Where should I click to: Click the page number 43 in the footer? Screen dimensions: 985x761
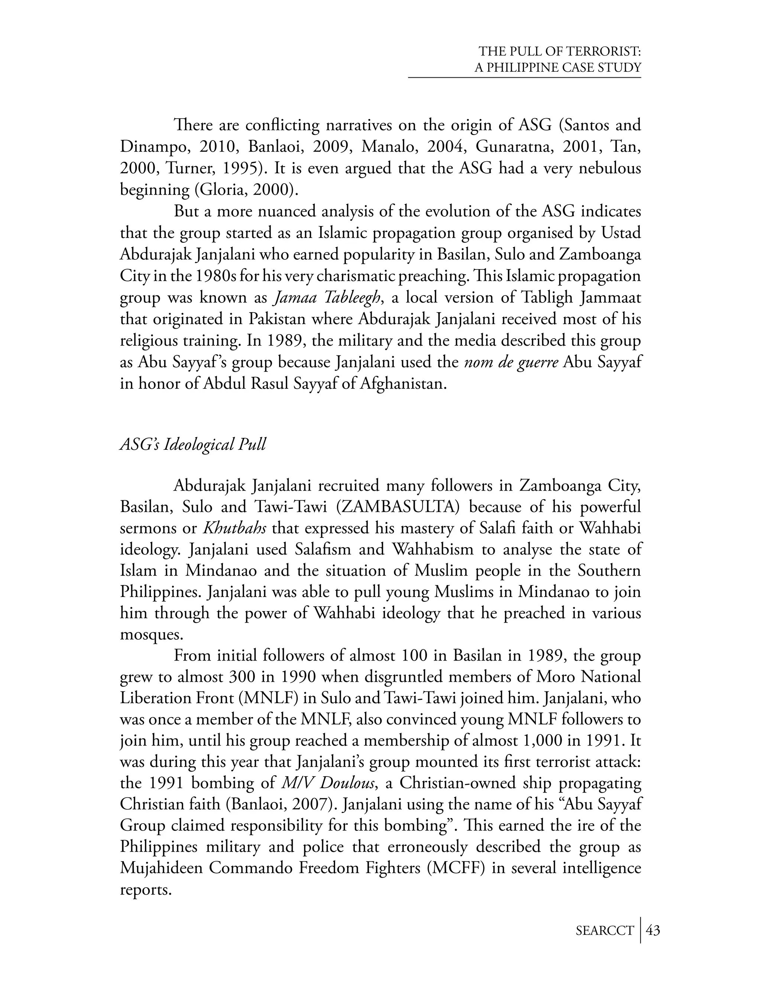click(x=653, y=930)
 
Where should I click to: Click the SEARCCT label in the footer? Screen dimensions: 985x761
click(x=605, y=930)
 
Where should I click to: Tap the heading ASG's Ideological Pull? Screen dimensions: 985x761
click(x=193, y=444)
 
